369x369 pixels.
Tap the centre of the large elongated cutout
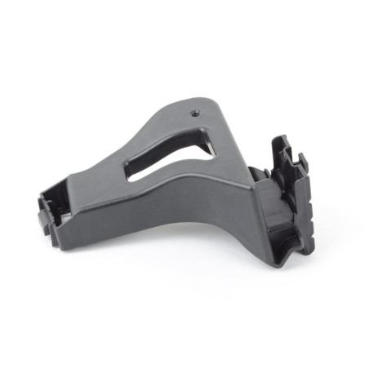coord(171,156)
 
